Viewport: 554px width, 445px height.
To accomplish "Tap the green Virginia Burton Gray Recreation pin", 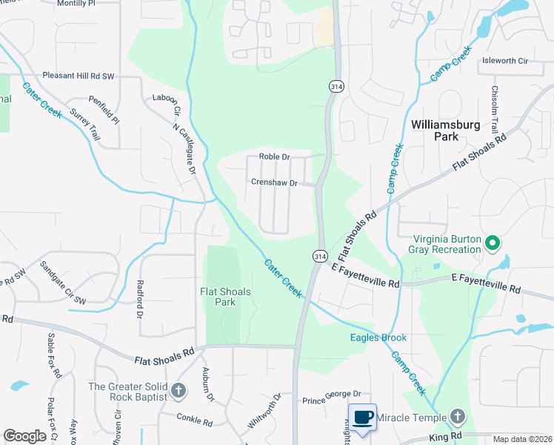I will coord(490,243).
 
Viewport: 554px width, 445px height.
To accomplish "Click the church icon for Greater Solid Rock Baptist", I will coord(178,390).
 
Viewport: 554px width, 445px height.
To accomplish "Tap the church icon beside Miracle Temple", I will coord(458,418).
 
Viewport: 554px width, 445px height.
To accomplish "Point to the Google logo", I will coord(24,436).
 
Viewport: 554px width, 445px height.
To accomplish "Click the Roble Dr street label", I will coord(274,157).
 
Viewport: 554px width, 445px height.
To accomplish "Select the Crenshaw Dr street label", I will coord(274,182).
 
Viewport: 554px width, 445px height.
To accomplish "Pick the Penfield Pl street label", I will coord(104,109).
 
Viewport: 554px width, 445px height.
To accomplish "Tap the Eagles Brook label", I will coord(378,337).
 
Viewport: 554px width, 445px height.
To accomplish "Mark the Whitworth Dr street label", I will coord(264,411).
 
